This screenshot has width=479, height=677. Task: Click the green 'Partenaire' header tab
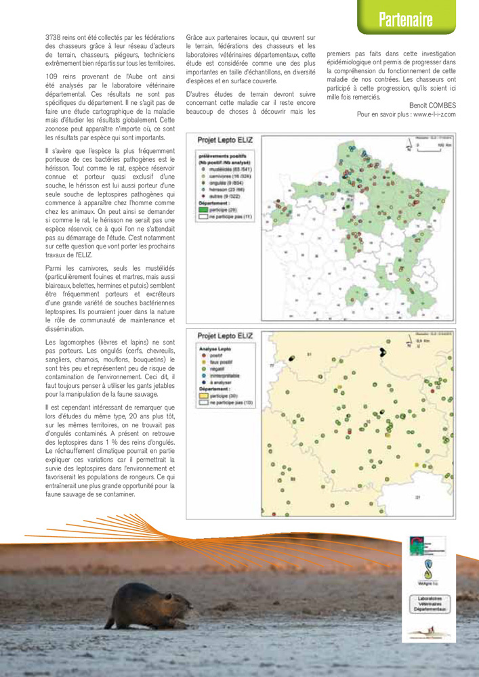coord(405,20)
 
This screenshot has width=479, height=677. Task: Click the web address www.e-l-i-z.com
coord(432,114)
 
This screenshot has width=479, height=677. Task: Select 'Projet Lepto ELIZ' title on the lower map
coord(225,335)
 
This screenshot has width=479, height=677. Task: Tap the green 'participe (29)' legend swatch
coord(203,210)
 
